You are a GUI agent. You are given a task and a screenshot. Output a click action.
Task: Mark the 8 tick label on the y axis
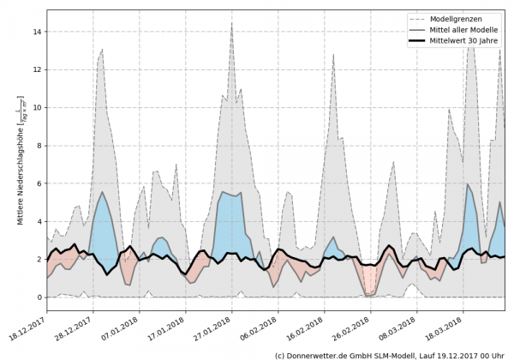[39, 146]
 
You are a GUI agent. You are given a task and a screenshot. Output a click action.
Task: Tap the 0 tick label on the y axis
[39, 297]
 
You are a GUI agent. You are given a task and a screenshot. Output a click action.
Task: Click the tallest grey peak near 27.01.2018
[231, 26]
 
